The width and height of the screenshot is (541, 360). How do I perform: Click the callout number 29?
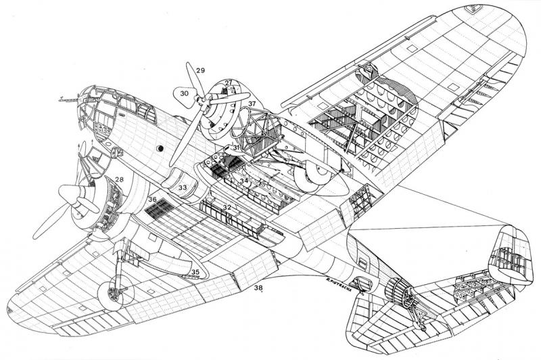[x=199, y=70]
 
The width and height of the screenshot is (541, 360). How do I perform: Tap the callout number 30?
[x=183, y=93]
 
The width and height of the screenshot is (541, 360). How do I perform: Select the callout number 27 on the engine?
[x=229, y=83]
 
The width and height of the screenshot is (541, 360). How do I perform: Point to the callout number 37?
[x=252, y=104]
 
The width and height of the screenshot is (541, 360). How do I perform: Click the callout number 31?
[x=236, y=148]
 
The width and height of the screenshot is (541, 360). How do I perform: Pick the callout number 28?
[x=119, y=179]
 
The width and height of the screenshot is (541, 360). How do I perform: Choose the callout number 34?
[x=243, y=181]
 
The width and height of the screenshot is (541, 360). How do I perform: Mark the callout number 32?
[x=227, y=206]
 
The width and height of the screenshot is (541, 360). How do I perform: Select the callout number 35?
[x=195, y=272]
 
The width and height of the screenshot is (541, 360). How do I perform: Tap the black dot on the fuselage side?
[x=161, y=148]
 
